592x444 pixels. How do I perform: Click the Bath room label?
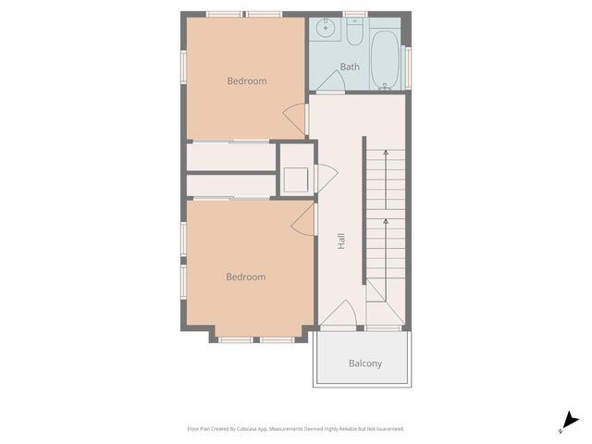pos(350,67)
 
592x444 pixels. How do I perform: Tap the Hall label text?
pos(341,241)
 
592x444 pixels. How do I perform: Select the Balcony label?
pos(364,364)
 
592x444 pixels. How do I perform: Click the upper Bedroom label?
pos(246,81)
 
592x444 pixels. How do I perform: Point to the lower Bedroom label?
pos(246,277)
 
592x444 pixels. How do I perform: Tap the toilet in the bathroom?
pos(354,33)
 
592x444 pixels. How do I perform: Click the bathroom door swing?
pos(331,81)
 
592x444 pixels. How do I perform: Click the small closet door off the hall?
pos(325,178)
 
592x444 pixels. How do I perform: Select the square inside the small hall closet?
pos(296,179)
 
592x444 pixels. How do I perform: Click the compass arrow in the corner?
pos(570,421)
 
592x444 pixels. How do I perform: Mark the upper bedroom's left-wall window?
pos(182,69)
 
